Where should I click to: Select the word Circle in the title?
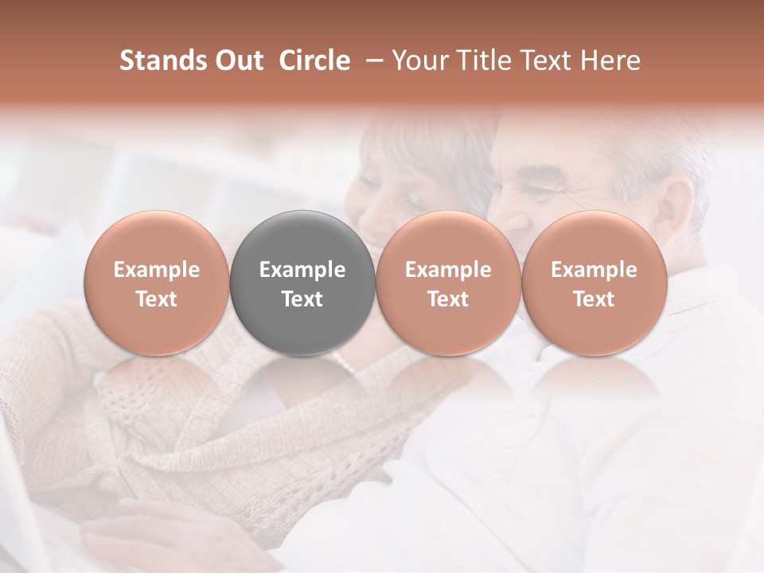314,60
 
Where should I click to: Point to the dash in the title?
372,61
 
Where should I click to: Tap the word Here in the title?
610,60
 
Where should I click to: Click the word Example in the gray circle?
302,270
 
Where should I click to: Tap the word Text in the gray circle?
302,299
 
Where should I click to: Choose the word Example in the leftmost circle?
157,270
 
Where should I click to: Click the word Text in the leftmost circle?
157,299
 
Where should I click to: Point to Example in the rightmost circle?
594,270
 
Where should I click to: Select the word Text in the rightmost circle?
594,299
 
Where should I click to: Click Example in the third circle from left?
448,270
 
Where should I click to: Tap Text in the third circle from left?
448,299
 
